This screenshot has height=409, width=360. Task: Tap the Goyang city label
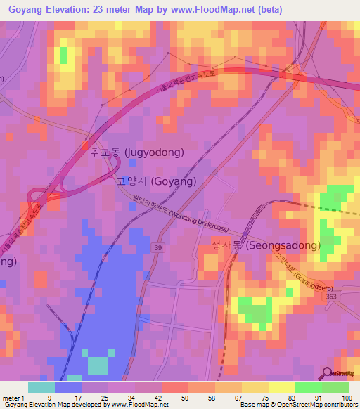[155, 180]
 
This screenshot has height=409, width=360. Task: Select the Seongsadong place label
[266, 245]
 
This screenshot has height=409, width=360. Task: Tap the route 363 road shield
[330, 297]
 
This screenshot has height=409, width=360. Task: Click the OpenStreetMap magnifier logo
[326, 372]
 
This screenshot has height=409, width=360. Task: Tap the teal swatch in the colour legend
[41, 387]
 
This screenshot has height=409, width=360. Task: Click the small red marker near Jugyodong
[86, 148]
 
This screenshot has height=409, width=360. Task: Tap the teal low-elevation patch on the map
[98, 365]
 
